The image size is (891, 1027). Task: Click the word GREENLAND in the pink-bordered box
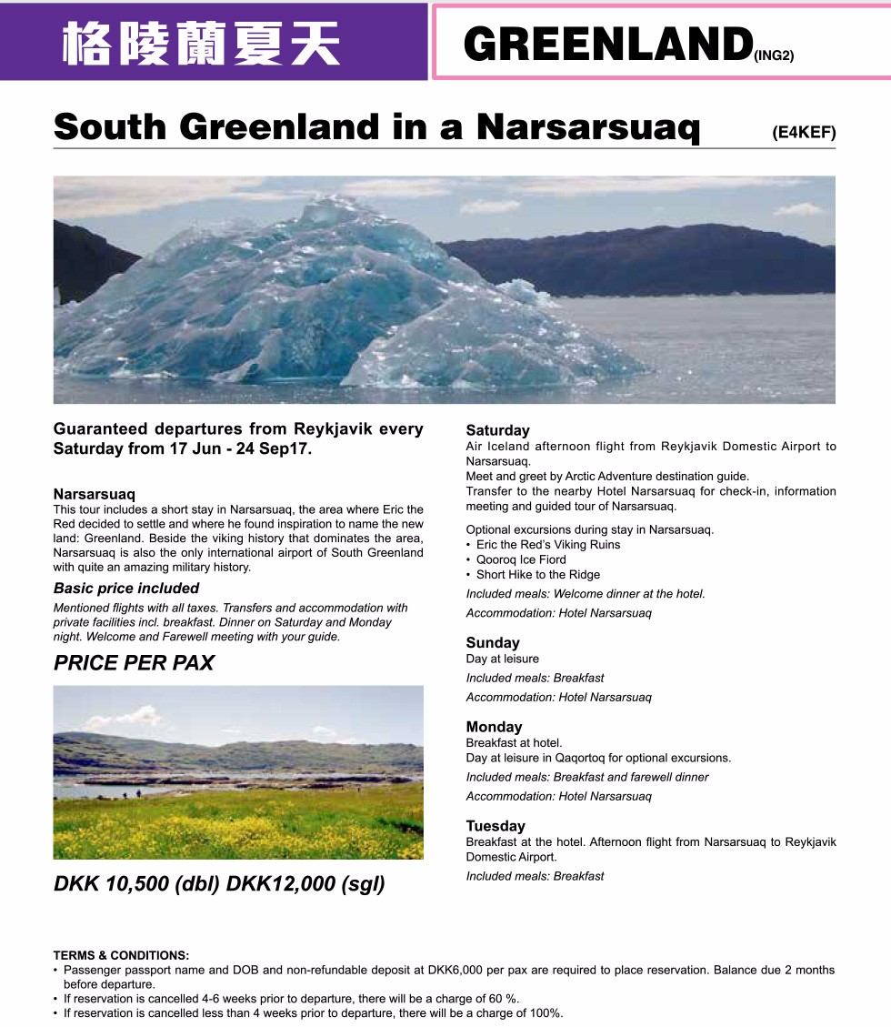click(607, 44)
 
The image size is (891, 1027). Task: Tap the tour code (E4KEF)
click(803, 133)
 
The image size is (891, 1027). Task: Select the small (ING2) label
click(774, 55)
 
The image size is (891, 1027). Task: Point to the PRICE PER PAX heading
click(134, 663)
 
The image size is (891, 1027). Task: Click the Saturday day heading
click(497, 430)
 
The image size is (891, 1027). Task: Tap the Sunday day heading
click(493, 642)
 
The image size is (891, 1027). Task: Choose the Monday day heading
click(494, 727)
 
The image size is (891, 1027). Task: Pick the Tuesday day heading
click(496, 826)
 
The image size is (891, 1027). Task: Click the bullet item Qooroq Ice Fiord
click(521, 559)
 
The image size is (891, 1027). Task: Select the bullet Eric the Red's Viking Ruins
click(548, 545)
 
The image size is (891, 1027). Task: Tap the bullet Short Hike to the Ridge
click(538, 575)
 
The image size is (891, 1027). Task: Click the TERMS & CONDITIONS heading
click(121, 955)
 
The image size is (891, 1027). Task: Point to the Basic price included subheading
click(126, 589)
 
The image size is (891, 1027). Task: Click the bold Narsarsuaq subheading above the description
click(94, 494)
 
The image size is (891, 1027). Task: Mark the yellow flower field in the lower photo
click(236, 823)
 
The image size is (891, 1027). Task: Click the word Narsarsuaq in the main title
click(588, 128)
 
